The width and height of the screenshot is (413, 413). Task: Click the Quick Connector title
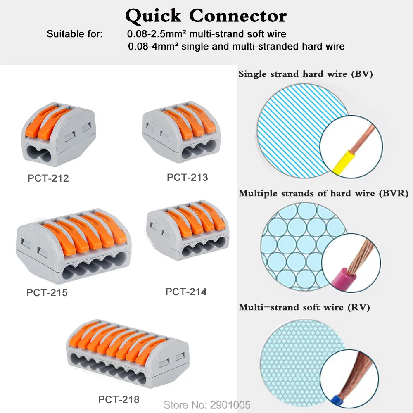206,16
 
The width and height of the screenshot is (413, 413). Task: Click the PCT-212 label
48,178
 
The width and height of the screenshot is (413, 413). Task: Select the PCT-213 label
187,177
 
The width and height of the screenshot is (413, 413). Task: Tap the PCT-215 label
47,292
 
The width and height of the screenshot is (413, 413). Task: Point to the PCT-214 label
186,292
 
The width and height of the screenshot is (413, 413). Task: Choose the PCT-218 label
119,399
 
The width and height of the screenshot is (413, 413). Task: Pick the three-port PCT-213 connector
181,133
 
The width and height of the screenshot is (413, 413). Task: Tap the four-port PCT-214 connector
188,233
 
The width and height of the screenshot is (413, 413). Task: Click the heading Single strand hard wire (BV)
306,75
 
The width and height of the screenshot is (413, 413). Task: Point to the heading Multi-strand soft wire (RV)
304,307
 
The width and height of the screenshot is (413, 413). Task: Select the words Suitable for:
74,34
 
